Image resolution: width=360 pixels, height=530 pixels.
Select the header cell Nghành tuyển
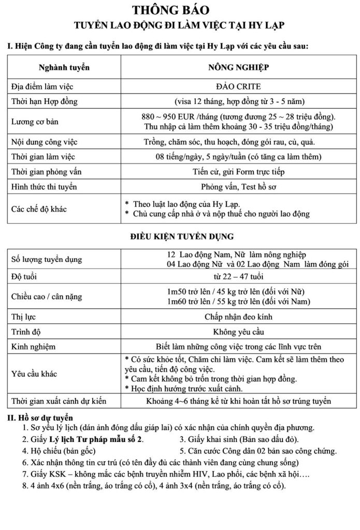tap(64, 67)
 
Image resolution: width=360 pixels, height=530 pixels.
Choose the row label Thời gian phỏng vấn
tap(44, 172)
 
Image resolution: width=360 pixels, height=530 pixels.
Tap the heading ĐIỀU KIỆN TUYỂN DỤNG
tap(181, 237)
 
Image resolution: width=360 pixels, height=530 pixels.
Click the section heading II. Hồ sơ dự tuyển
tap(40, 417)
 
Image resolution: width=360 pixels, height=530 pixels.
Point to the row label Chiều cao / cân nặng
tap(46, 297)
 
